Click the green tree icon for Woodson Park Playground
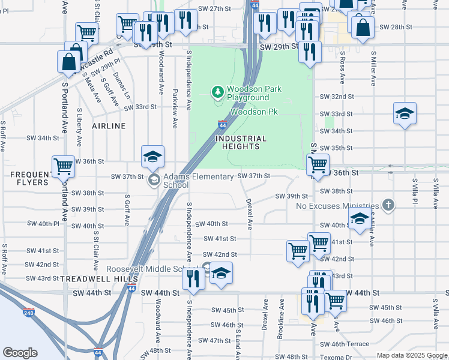point(217,92)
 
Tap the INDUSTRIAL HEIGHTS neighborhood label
point(238,142)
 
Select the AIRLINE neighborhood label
point(109,126)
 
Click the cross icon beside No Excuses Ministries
point(388,205)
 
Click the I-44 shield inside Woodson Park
point(222,125)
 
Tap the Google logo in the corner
point(20,353)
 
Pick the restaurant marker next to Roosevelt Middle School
point(193,277)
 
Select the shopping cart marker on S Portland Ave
point(63,166)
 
